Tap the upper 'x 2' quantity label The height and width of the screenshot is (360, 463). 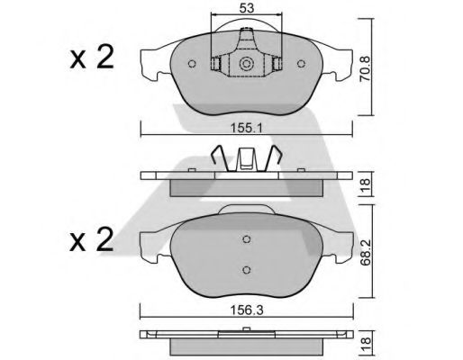[x=92, y=59]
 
